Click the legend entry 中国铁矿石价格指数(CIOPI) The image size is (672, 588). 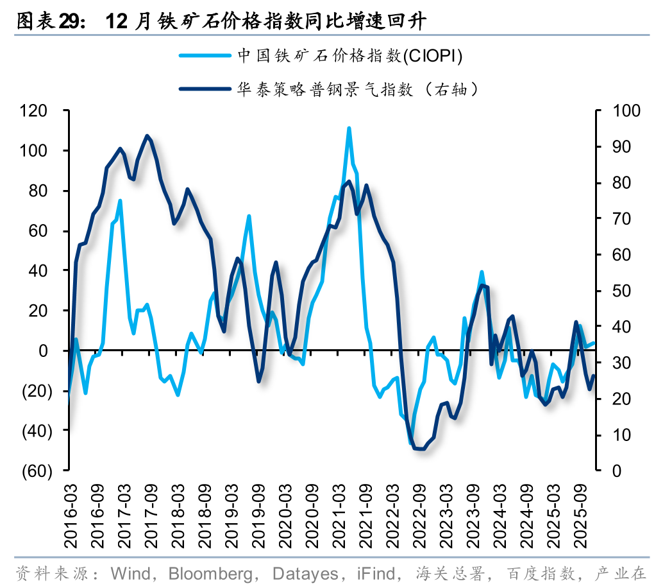350,56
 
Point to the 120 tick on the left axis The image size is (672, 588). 33,111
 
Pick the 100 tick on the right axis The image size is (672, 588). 626,111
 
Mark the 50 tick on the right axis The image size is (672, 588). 622,291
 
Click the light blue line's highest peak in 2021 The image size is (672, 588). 349,128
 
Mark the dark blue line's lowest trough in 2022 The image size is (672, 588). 420,449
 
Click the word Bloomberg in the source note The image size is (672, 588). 204,573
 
